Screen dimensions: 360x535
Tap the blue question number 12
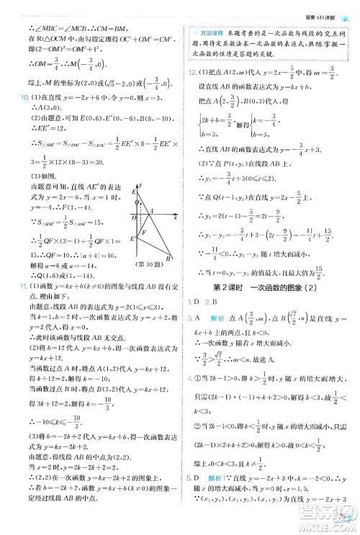(189, 73)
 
